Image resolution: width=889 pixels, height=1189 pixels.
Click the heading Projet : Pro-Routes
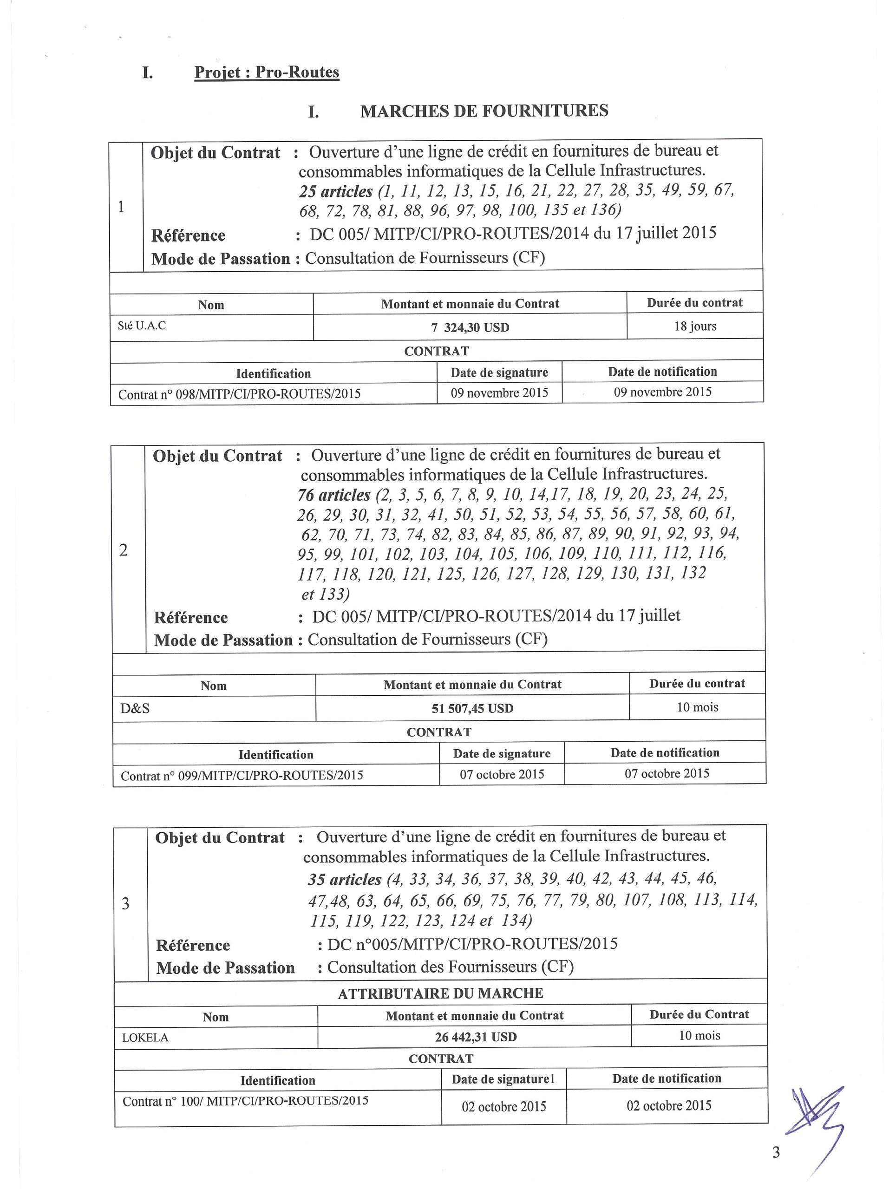pyautogui.click(x=267, y=72)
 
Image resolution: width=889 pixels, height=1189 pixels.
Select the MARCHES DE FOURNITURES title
pyautogui.click(x=484, y=111)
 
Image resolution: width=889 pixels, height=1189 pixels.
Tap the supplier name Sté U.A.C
pyautogui.click(x=142, y=325)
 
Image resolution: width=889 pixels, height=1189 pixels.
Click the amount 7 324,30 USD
pyautogui.click(x=470, y=327)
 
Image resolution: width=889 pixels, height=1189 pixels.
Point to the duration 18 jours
pyautogui.click(x=695, y=326)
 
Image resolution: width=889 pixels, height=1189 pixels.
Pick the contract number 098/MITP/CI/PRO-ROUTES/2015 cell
pyautogui.click(x=239, y=394)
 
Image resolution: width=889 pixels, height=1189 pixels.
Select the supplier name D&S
pyautogui.click(x=135, y=708)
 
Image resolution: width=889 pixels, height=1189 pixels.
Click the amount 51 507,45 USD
pyautogui.click(x=472, y=708)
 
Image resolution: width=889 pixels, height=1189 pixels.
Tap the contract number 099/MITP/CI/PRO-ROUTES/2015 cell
pyautogui.click(x=242, y=775)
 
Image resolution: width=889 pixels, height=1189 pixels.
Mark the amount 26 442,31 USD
pyautogui.click(x=475, y=1037)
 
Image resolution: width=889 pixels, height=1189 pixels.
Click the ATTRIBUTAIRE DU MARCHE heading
pyautogui.click(x=440, y=993)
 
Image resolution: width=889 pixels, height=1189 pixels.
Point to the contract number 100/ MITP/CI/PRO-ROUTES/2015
pyautogui.click(x=245, y=1100)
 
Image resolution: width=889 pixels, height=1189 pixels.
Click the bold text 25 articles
pyautogui.click(x=335, y=191)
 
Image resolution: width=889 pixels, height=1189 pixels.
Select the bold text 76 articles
pyautogui.click(x=334, y=495)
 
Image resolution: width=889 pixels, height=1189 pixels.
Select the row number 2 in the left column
pyautogui.click(x=123, y=550)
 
